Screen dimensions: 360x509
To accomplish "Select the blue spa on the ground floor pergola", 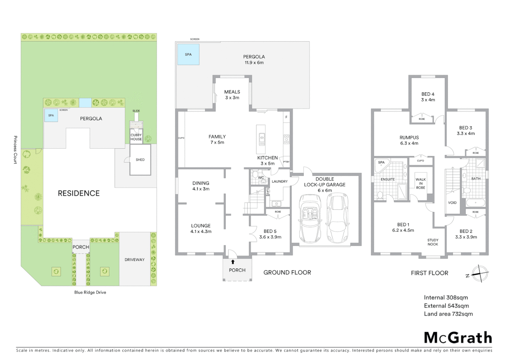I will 188,54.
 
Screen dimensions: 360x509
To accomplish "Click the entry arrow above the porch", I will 233,262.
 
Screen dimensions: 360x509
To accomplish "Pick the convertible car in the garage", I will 310,218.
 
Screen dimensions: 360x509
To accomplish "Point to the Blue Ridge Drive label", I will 90,292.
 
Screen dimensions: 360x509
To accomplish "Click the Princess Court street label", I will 15,150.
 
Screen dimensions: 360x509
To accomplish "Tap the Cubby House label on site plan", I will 136,137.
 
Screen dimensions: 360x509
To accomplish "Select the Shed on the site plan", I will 140,160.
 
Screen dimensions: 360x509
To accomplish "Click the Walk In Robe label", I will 421,183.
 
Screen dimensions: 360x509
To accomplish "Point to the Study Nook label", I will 433,242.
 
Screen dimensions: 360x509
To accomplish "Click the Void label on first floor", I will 452,203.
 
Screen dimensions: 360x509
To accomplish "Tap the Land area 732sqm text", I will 448,314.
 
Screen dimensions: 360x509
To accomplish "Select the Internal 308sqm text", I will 446,298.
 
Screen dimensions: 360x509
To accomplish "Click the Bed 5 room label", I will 270,234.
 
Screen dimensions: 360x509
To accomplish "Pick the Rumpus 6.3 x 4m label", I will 409,140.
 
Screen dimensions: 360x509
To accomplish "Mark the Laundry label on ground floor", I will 279,181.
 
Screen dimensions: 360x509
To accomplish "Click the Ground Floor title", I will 287,272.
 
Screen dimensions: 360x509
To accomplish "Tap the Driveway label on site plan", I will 135,260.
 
